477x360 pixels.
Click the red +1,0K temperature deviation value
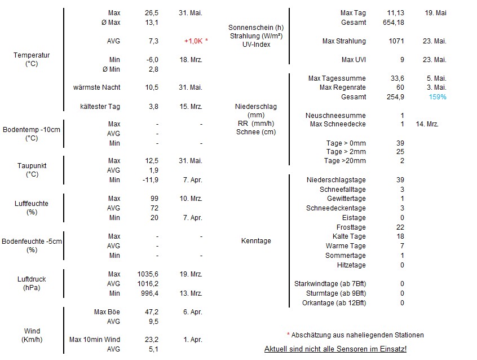(196, 41)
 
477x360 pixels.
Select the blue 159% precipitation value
(437, 97)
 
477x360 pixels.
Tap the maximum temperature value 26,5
(152, 12)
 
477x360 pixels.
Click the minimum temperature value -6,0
(152, 60)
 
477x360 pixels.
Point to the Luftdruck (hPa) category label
(32, 283)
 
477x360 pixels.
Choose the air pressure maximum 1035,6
(148, 274)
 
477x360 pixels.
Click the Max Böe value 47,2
(152, 312)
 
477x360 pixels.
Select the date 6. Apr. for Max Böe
(192, 312)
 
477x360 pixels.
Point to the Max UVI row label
(354, 60)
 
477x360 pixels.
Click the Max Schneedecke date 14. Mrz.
(427, 124)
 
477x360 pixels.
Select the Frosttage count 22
(400, 227)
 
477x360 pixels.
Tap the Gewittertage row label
(346, 199)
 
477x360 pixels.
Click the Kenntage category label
(256, 241)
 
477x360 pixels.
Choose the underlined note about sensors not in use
(335, 349)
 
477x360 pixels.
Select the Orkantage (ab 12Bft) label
(334, 303)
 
